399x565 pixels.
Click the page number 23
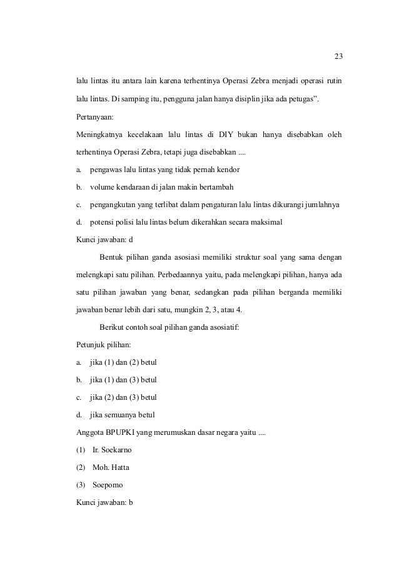[x=338, y=58]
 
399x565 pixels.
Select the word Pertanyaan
[x=95, y=116]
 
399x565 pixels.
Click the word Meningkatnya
[x=98, y=134]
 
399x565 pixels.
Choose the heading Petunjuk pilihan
[x=101, y=344]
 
